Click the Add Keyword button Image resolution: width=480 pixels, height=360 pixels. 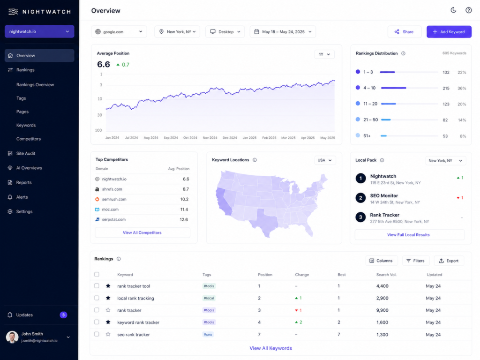[449, 32]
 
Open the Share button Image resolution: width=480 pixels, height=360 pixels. [404, 32]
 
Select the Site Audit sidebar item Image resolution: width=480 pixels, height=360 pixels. [26, 153]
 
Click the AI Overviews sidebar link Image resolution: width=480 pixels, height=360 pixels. [29, 168]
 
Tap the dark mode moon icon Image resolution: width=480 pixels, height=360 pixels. [453, 10]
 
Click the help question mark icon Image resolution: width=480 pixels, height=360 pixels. [468, 10]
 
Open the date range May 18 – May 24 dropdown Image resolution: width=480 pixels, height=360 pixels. [283, 32]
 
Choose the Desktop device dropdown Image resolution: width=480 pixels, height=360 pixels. [225, 32]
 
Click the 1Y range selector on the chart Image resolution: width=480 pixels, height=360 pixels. [324, 54]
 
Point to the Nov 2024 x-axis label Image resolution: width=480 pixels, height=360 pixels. [210, 138]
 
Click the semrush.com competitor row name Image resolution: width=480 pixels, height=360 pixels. [114, 199]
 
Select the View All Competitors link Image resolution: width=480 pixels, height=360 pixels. [142, 232]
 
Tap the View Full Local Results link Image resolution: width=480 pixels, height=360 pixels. [408, 235]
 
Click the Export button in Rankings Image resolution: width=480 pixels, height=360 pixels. [449, 261]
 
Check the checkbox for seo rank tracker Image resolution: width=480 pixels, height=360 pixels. [97, 334]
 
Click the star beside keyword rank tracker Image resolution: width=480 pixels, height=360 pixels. [108, 322]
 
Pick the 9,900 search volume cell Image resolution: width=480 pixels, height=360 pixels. [382, 310]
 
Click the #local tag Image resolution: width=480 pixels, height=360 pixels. [209, 298]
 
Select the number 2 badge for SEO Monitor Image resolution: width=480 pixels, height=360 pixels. [360, 198]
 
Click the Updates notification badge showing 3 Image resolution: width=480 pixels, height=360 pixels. [63, 315]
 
